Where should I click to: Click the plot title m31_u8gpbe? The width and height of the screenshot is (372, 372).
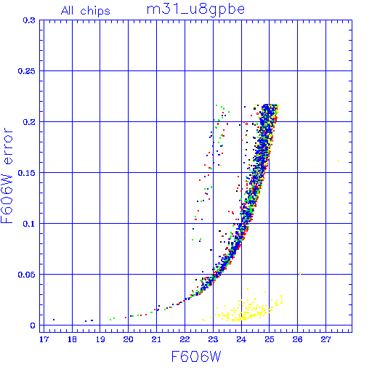coord(195,9)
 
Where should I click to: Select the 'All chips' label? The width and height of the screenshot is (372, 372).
coord(86,11)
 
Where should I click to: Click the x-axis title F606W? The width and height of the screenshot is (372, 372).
coord(196,357)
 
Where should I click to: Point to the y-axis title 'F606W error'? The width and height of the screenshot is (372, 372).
coord(7,175)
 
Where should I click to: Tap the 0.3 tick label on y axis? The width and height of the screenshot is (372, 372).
coord(29,20)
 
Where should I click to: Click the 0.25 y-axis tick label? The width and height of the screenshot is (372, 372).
coord(26,71)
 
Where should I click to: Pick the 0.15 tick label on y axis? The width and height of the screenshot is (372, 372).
coord(26,173)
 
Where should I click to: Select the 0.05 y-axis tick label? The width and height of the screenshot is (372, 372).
coord(26,275)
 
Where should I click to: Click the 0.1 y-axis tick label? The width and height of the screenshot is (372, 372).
coord(29,224)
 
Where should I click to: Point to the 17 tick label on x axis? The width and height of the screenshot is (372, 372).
coord(44,339)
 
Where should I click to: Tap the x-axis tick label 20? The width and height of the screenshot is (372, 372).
coord(128,339)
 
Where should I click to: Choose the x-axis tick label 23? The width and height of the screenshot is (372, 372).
coord(213,339)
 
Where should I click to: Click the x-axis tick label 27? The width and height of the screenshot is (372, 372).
coord(325,339)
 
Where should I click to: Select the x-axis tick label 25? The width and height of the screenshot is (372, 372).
coord(270,339)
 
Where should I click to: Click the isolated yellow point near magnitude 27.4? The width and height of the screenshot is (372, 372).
coord(338,161)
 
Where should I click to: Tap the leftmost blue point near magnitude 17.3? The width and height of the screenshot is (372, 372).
coord(54,320)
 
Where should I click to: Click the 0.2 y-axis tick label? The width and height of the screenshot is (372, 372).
coord(29,122)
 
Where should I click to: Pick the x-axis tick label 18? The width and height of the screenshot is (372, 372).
coord(72,339)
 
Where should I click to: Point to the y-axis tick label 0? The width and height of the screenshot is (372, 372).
coord(33,325)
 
